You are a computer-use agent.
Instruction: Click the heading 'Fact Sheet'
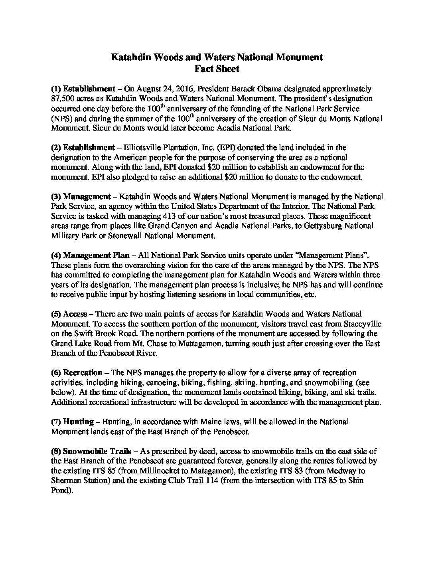click(x=217, y=69)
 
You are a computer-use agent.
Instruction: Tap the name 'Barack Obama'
click(x=254, y=89)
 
